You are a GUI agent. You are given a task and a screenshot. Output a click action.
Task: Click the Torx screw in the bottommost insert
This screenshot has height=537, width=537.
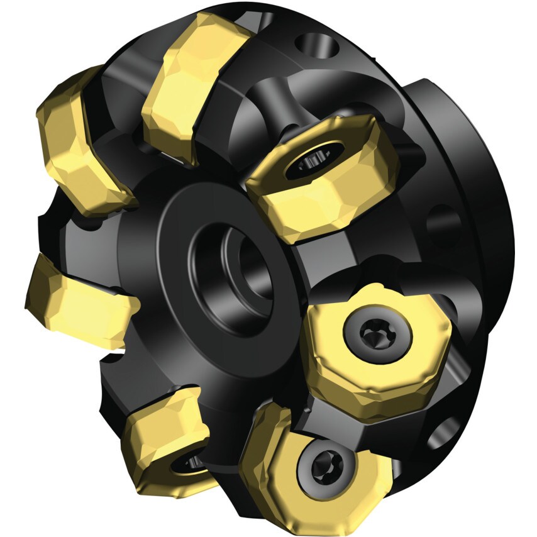321,465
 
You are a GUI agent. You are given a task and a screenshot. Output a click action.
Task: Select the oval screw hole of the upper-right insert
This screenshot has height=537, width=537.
313,161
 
